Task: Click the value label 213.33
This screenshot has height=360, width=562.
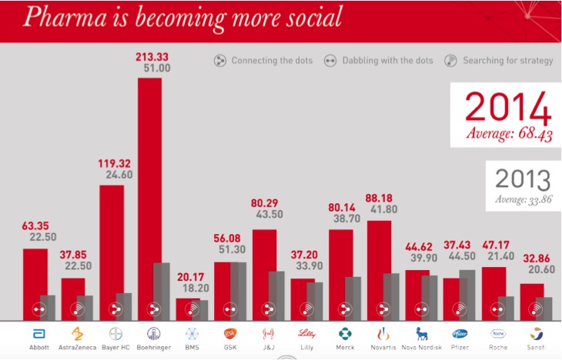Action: click(153, 55)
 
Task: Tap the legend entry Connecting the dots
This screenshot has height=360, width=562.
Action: click(263, 61)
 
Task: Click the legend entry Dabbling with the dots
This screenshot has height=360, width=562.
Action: click(378, 61)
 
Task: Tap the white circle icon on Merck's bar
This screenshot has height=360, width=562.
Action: click(343, 309)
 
